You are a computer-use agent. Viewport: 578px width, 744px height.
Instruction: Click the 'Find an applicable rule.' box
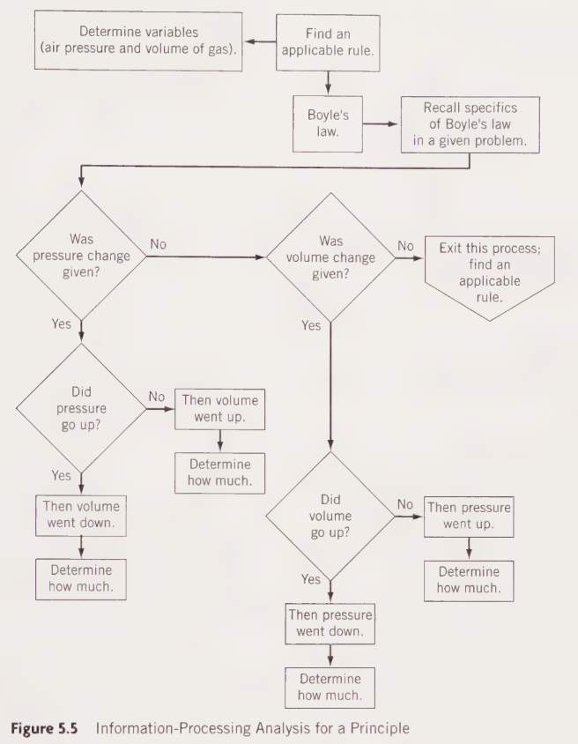click(x=329, y=41)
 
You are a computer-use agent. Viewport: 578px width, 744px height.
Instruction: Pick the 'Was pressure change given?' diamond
click(x=81, y=255)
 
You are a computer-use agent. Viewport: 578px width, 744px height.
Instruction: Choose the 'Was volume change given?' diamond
click(x=330, y=255)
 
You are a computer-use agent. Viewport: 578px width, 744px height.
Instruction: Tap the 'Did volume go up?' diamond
click(x=330, y=516)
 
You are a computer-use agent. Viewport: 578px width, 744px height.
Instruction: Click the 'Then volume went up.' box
click(x=219, y=408)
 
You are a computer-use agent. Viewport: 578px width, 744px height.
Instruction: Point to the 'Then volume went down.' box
click(x=81, y=515)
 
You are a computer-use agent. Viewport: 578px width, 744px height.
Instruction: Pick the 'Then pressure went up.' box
click(x=468, y=516)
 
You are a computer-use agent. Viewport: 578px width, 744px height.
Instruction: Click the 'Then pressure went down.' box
click(x=330, y=623)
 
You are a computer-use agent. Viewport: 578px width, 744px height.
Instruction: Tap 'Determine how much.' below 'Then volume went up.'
click(x=219, y=472)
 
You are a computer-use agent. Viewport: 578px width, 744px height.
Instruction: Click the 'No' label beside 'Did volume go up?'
click(x=405, y=503)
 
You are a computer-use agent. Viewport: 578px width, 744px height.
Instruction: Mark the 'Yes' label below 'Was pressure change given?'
click(x=62, y=324)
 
